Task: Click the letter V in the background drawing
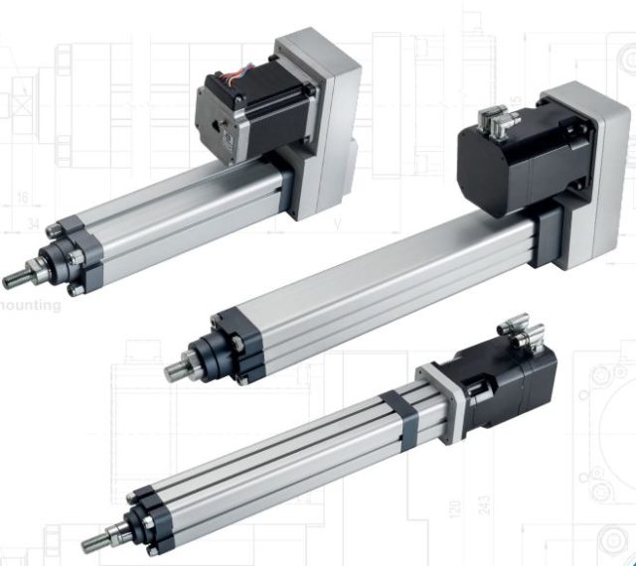[x=338, y=224]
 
